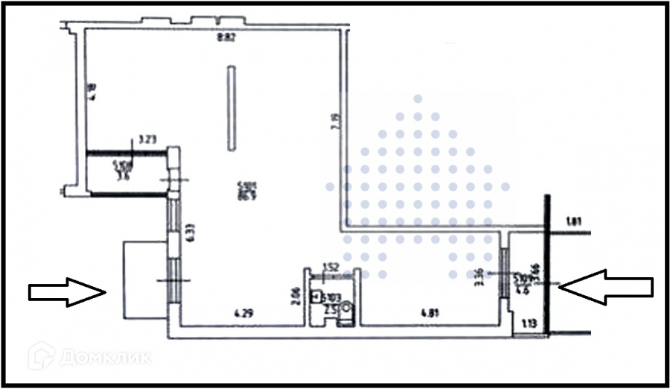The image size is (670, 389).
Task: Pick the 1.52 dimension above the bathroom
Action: point(331,267)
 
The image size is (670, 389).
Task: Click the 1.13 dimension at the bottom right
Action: point(529,324)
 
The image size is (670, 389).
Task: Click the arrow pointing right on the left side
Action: point(66,291)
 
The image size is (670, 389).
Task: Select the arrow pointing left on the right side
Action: point(607,285)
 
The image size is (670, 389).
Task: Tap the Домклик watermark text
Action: point(104,357)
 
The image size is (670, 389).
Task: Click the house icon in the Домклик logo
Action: point(41,356)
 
